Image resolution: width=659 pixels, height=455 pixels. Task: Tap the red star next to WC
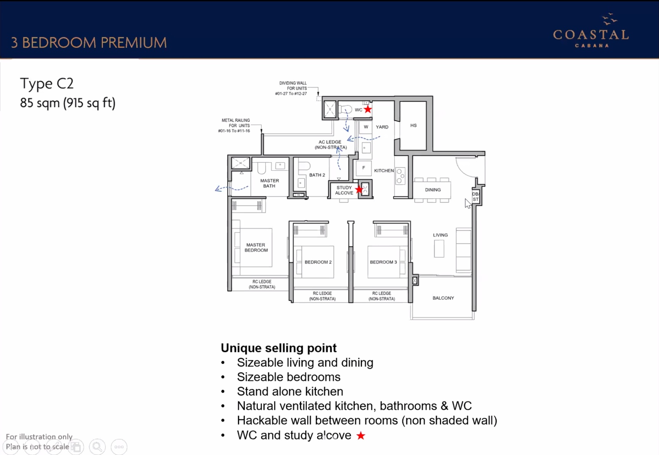tap(368, 110)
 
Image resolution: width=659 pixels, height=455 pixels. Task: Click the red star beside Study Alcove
tap(359, 190)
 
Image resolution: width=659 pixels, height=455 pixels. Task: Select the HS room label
tap(414, 125)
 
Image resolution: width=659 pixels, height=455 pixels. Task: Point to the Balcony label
tap(443, 298)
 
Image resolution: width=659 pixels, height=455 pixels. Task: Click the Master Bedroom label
tap(256, 248)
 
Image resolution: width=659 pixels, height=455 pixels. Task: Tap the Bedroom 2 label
tap(318, 262)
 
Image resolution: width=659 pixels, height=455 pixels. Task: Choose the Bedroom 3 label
tap(383, 262)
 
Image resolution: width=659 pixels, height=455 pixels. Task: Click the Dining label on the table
tap(433, 190)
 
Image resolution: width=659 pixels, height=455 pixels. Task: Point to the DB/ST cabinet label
tap(475, 197)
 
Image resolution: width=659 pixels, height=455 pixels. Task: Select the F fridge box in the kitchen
tap(364, 168)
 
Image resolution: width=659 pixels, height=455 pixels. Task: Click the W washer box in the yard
tap(366, 127)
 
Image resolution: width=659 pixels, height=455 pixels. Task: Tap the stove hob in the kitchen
tap(400, 176)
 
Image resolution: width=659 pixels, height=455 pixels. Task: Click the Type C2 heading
tap(47, 84)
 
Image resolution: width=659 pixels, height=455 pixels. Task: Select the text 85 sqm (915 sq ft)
tap(68, 103)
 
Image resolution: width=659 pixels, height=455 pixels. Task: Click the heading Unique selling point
tap(278, 348)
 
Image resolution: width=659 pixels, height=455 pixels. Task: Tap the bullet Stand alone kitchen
tap(290, 392)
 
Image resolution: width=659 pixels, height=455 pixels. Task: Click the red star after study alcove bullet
tap(361, 435)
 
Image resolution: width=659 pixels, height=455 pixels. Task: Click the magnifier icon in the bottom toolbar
tap(97, 447)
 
